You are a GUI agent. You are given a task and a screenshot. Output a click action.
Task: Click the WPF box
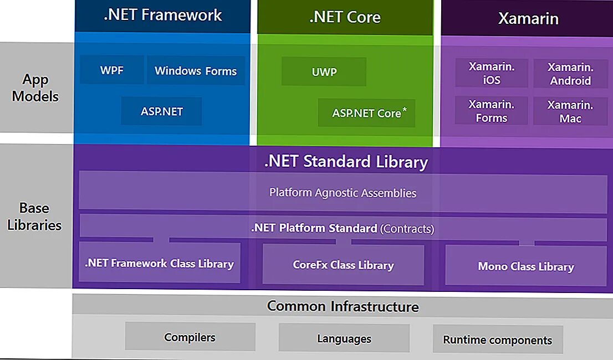111,70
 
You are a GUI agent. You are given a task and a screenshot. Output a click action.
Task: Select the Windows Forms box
196,70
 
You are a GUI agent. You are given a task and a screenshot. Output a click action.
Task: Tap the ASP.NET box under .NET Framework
161,111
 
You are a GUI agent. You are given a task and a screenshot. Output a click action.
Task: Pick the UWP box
324,72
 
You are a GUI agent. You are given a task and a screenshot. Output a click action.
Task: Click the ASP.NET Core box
366,113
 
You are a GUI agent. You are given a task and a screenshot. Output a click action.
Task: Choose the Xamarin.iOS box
492,74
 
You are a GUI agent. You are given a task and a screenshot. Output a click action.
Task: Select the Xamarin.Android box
570,74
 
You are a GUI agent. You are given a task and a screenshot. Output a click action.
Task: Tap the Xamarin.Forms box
492,111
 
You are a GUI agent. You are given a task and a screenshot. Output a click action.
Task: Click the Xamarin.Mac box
570,111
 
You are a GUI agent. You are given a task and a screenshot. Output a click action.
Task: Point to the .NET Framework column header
162,16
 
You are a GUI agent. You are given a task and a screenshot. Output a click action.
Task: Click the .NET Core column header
345,17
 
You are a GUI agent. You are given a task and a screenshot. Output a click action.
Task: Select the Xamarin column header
528,18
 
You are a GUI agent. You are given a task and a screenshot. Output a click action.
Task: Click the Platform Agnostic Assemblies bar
343,193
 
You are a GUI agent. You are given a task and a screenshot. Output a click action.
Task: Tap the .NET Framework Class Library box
160,263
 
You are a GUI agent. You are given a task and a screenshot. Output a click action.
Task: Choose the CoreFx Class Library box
343,265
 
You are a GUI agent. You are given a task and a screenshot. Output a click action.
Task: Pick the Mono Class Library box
525,266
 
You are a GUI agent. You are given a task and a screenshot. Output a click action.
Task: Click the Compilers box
190,337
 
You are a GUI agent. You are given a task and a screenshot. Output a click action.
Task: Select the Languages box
344,338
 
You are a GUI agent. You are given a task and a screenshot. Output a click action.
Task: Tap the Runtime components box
497,340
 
